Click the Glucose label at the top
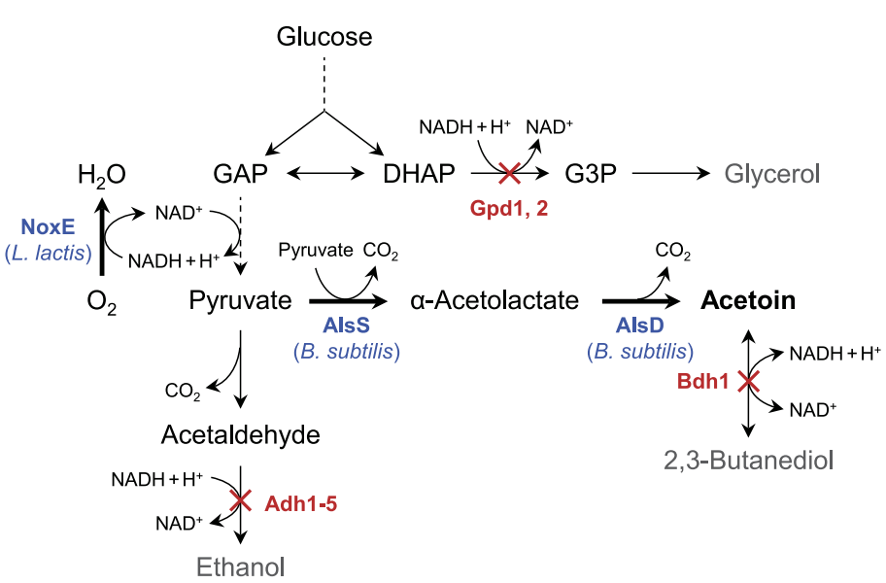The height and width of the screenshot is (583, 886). tap(324, 37)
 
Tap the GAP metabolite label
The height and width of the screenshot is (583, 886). tap(240, 174)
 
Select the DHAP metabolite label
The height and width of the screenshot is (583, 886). tap(419, 174)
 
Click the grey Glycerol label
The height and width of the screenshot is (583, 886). tap(772, 174)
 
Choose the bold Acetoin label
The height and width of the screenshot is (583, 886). tap(748, 300)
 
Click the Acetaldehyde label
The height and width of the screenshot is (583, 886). tap(240, 434)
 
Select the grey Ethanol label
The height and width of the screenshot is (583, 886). tap(242, 566)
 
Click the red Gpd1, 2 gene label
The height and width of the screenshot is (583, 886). tap(509, 208)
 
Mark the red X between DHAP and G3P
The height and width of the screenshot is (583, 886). tap(509, 175)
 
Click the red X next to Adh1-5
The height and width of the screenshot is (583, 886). tap(240, 500)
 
